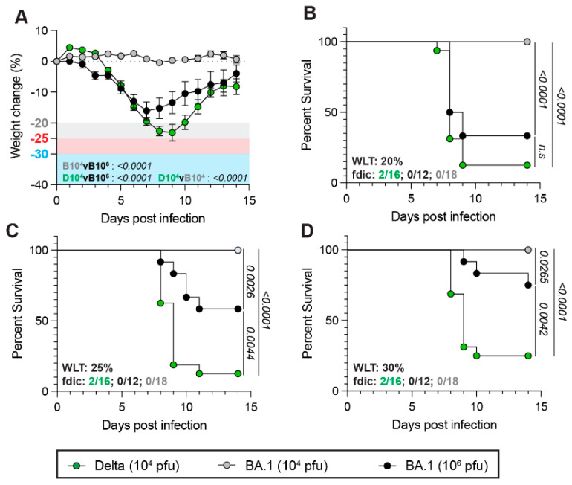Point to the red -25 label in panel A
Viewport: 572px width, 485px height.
(x=38, y=138)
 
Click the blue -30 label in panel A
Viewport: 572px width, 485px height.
(x=38, y=154)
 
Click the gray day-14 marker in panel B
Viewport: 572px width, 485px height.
(x=527, y=42)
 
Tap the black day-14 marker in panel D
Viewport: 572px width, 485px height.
(x=527, y=285)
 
